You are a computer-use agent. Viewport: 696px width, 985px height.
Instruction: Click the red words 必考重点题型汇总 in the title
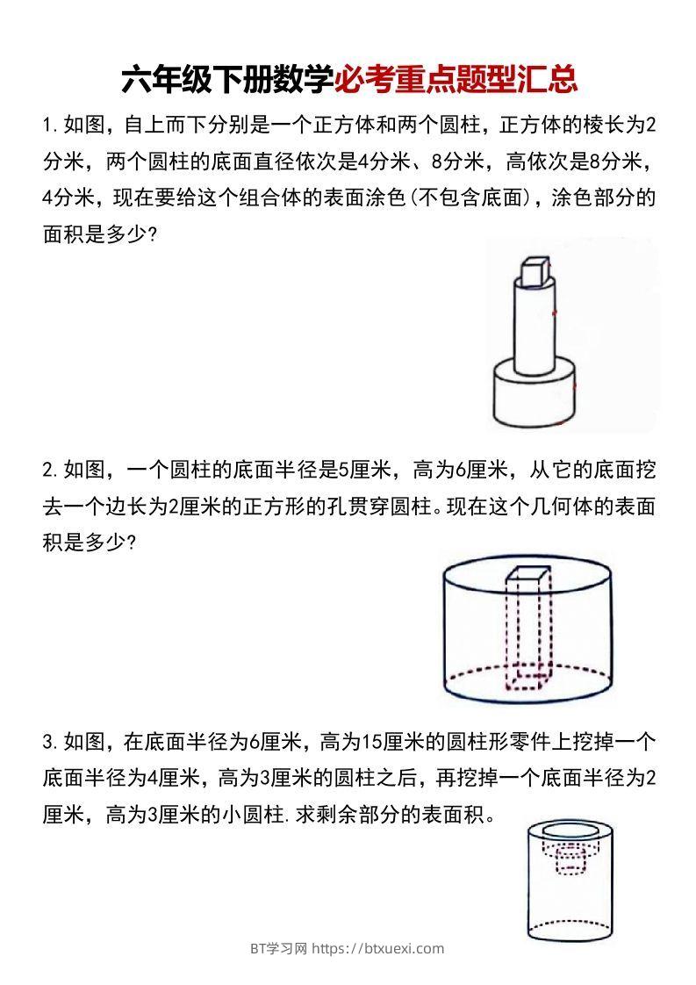click(x=456, y=80)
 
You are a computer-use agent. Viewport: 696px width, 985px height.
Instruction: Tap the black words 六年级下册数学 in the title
click(x=227, y=80)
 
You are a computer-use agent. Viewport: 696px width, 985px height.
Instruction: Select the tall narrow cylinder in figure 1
click(x=533, y=329)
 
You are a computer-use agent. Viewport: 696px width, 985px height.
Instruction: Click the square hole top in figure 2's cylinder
click(x=526, y=576)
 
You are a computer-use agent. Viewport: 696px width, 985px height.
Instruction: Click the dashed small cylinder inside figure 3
click(x=571, y=865)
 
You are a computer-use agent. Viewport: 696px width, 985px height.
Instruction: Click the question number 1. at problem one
click(x=50, y=125)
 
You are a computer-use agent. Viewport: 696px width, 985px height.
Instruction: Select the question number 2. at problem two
click(x=50, y=470)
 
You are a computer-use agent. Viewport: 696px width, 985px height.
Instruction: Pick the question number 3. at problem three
click(x=50, y=742)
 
